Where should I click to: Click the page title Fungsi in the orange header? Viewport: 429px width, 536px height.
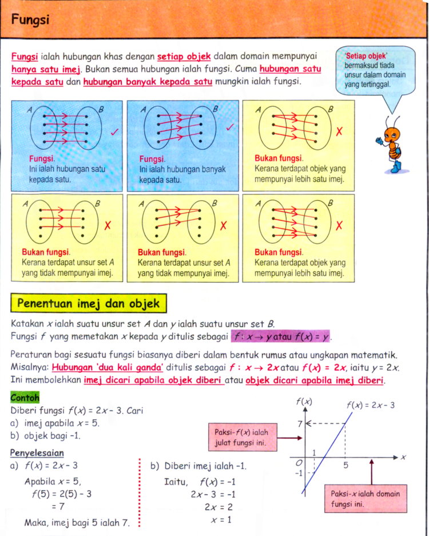[30, 20]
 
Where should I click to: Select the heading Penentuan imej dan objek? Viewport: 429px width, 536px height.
[89, 303]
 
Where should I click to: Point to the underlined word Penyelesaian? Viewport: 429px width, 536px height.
[37, 453]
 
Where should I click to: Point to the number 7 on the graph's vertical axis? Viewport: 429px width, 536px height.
[299, 424]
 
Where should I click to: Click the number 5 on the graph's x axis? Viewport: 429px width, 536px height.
[345, 466]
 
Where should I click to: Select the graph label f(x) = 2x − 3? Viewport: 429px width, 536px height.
[370, 405]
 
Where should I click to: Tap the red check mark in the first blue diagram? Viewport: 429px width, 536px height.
[114, 133]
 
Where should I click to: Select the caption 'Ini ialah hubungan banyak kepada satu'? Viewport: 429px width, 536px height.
[182, 174]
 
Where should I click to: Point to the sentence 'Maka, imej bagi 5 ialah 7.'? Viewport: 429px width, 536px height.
[77, 522]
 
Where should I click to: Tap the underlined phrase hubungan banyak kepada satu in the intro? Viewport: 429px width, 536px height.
[148, 82]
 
